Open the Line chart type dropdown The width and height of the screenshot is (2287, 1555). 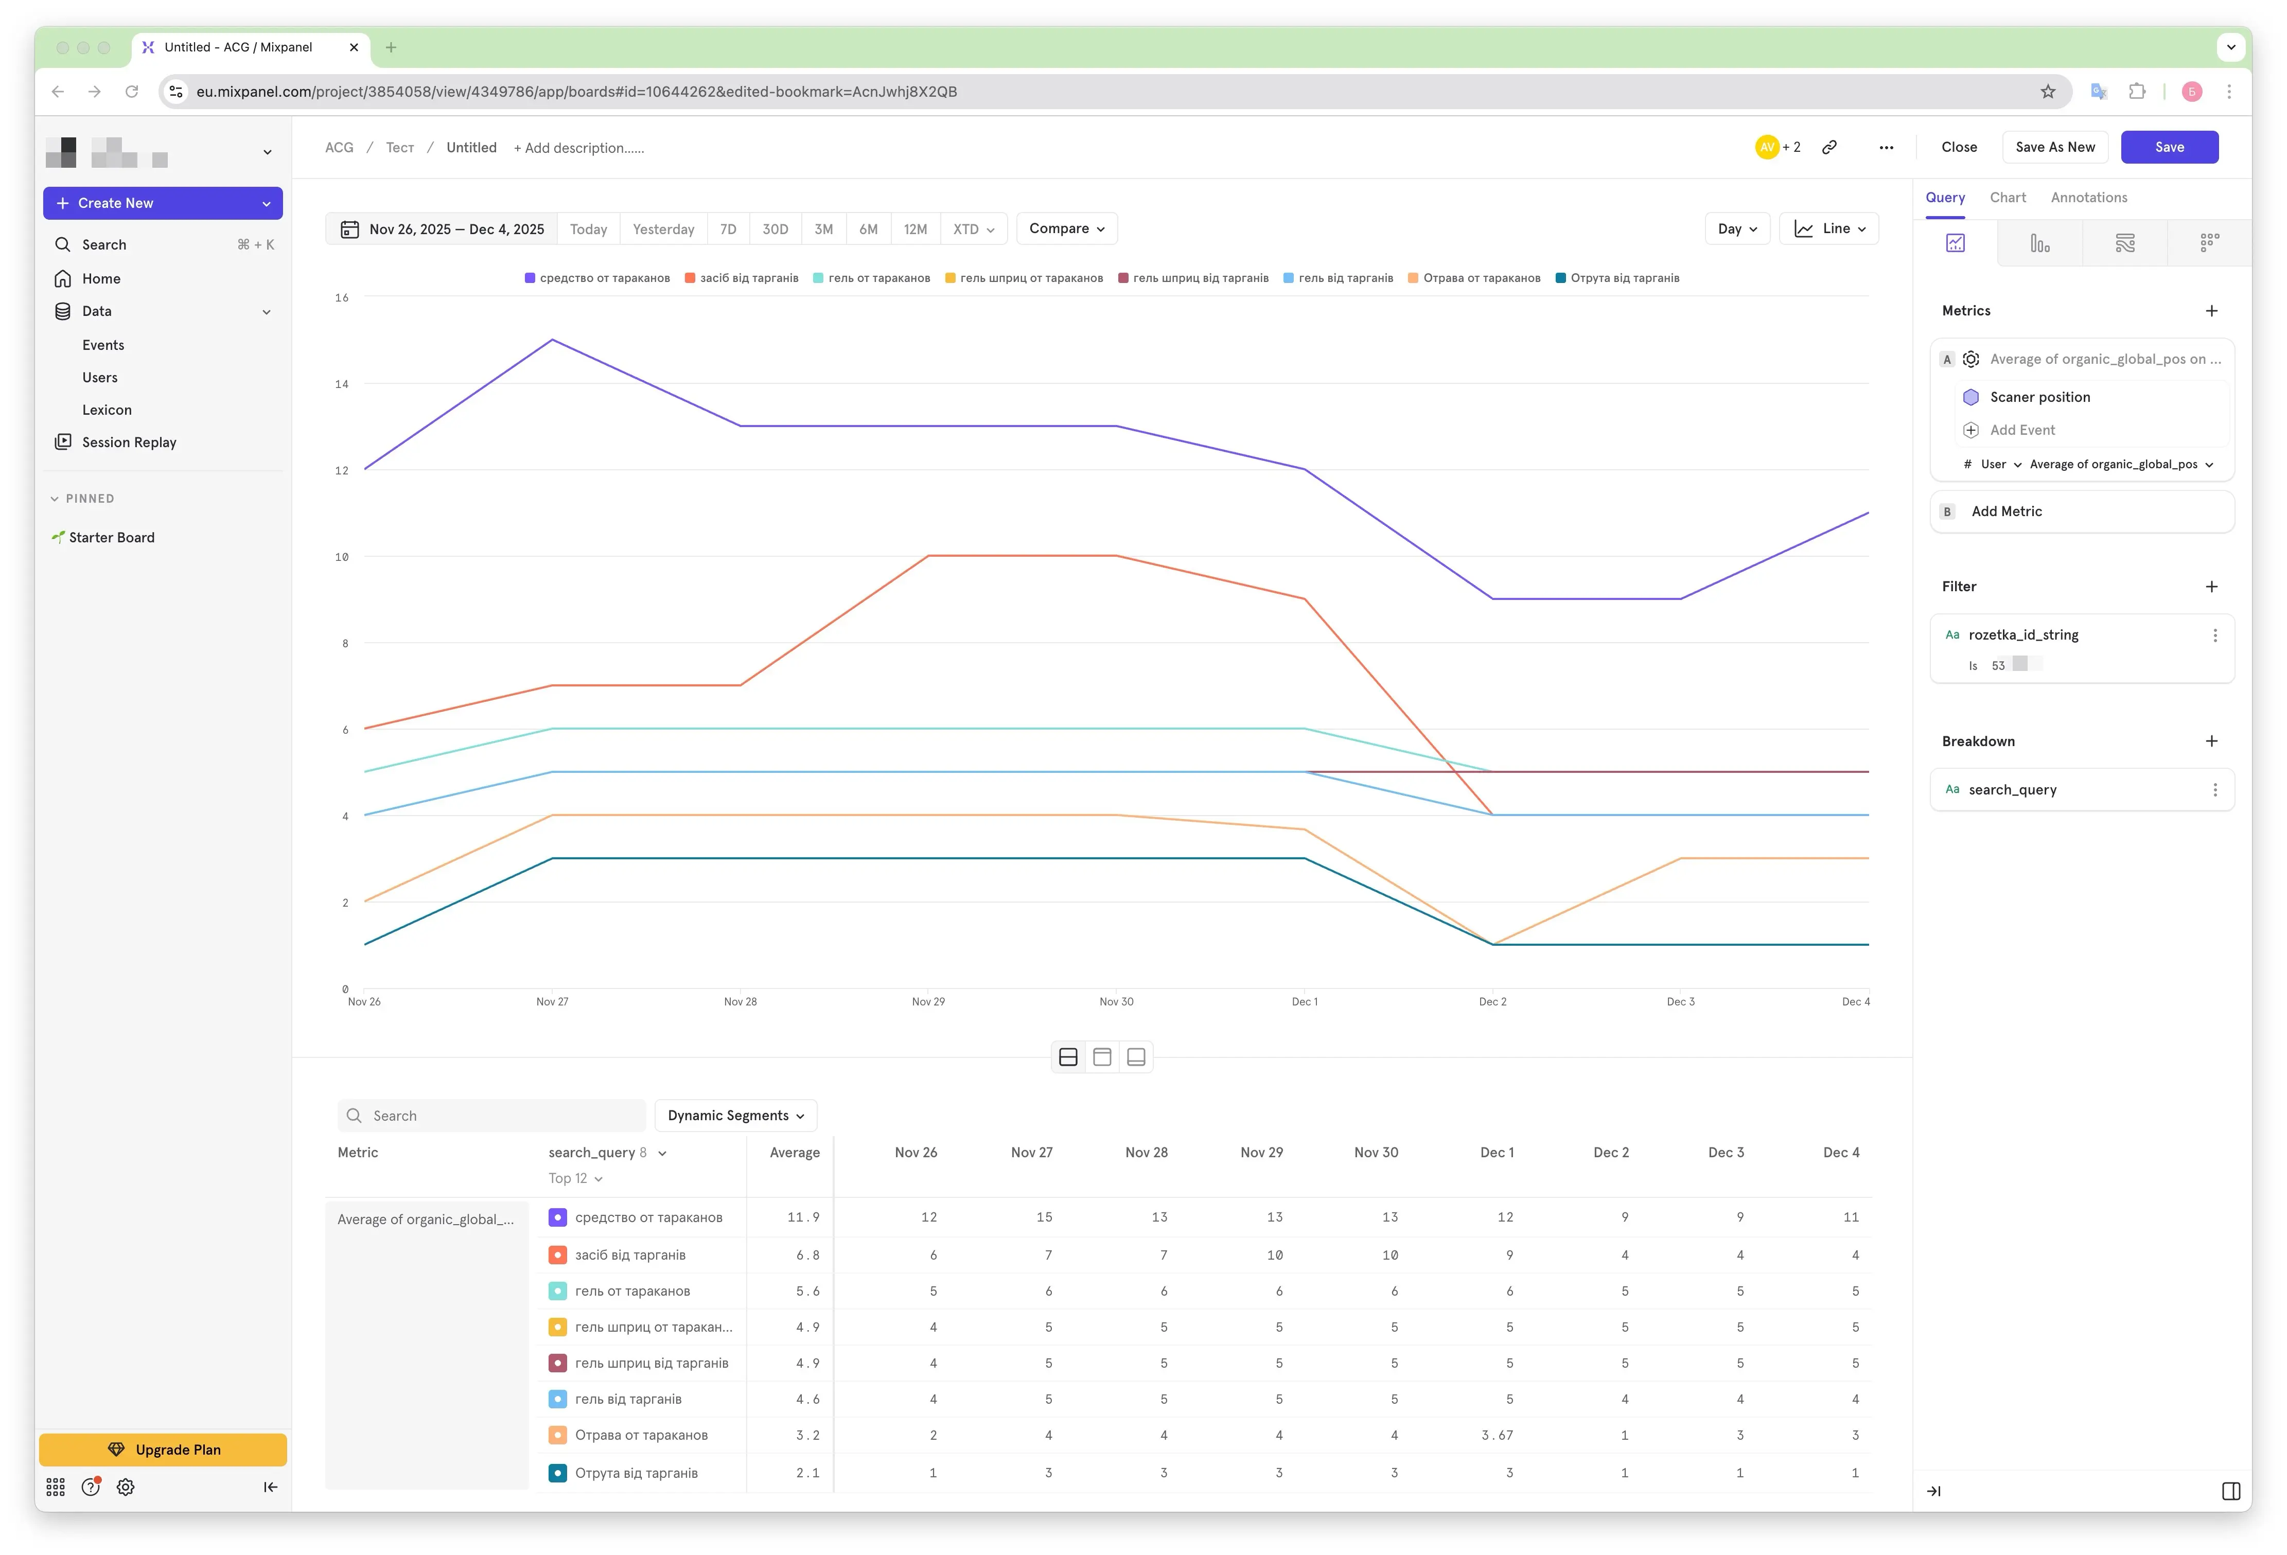1828,228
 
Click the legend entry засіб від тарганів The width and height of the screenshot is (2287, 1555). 742,278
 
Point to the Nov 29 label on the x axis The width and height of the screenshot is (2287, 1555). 928,1002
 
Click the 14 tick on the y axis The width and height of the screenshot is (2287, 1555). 342,384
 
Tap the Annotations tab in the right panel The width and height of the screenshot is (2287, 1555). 2088,198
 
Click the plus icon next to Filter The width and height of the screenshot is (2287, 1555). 2211,587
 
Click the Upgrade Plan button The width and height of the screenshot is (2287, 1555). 163,1450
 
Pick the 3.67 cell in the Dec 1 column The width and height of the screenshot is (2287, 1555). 1497,1435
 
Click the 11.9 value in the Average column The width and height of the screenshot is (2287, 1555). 803,1217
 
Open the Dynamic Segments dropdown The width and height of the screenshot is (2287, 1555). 735,1115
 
